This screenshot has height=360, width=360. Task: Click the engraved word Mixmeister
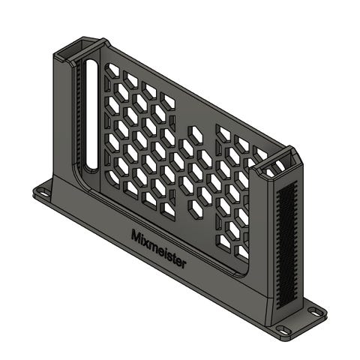click(159, 249)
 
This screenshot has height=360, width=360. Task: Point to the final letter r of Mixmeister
click(184, 264)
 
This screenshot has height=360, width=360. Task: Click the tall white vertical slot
click(91, 114)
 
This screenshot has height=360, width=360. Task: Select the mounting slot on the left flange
click(44, 193)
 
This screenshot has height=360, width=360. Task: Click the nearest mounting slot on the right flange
click(283, 330)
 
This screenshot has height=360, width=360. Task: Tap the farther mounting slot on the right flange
click(315, 312)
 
